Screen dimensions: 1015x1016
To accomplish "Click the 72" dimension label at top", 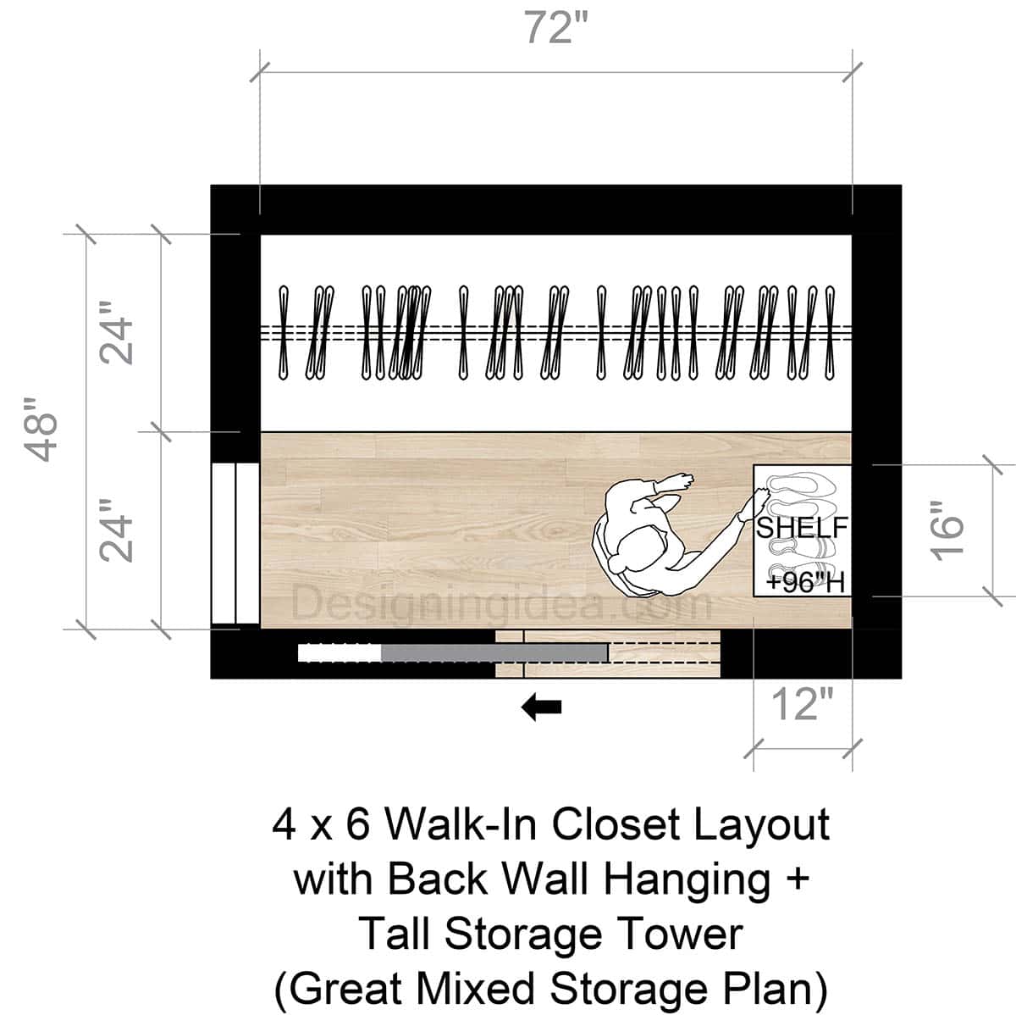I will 555,29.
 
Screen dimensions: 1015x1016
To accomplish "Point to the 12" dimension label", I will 802,704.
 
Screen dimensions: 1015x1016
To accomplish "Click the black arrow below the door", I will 541,707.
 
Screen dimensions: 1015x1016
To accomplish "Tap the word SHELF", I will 801,527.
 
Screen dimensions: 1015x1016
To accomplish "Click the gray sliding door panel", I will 494,652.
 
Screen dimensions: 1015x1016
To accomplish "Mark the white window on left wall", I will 235,543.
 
